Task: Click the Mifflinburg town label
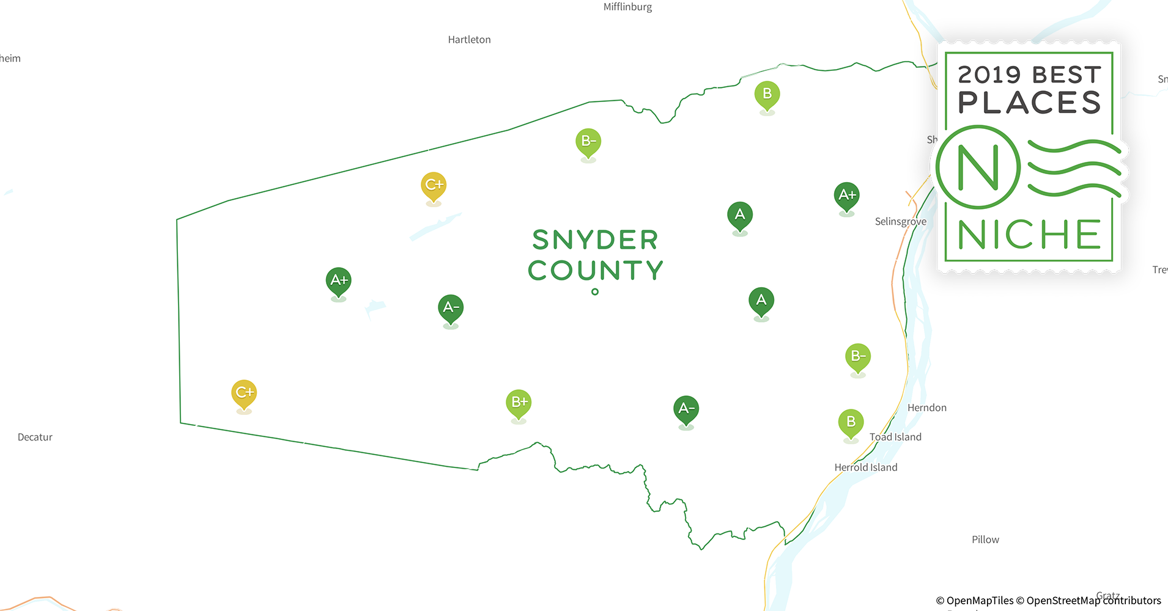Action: [x=627, y=7]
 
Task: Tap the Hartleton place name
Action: [x=469, y=40]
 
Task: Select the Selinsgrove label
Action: [x=900, y=221]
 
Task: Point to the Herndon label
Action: [x=926, y=408]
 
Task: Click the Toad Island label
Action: [x=895, y=437]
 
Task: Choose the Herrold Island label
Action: [x=865, y=467]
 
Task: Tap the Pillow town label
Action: [x=985, y=540]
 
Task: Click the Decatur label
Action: [x=35, y=437]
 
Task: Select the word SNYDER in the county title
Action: [x=595, y=240]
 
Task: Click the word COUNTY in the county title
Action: [x=595, y=271]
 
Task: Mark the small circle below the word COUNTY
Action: [x=595, y=292]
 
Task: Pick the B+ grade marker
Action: [x=519, y=403]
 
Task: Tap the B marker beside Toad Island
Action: [x=851, y=422]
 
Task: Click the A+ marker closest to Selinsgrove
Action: [x=847, y=196]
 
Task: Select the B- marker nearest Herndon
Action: [x=858, y=356]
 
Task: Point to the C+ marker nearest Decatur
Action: [x=244, y=393]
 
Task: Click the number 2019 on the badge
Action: [x=989, y=75]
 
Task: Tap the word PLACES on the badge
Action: [x=1029, y=103]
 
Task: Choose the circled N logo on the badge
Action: [x=978, y=167]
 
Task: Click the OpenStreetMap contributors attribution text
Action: [x=1093, y=601]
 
